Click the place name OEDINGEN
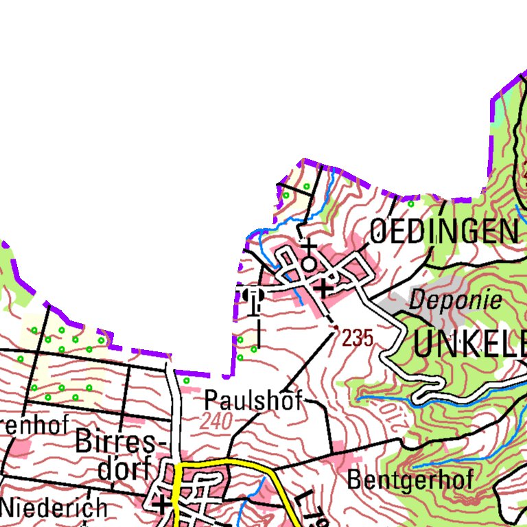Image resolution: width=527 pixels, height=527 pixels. [445, 232]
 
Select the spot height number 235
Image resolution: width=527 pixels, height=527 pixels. [358, 338]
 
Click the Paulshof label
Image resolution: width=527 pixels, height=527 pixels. [253, 401]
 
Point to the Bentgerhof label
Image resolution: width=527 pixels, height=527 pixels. [410, 480]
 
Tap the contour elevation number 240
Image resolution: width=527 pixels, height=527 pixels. [217, 422]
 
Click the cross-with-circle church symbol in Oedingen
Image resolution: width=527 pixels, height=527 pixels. [309, 255]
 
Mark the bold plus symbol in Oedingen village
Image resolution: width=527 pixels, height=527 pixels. [323, 289]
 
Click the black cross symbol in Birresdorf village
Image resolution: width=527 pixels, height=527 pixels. [162, 506]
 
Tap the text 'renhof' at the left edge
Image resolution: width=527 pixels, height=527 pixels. [34, 425]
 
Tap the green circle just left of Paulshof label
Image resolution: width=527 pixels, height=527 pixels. [186, 380]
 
